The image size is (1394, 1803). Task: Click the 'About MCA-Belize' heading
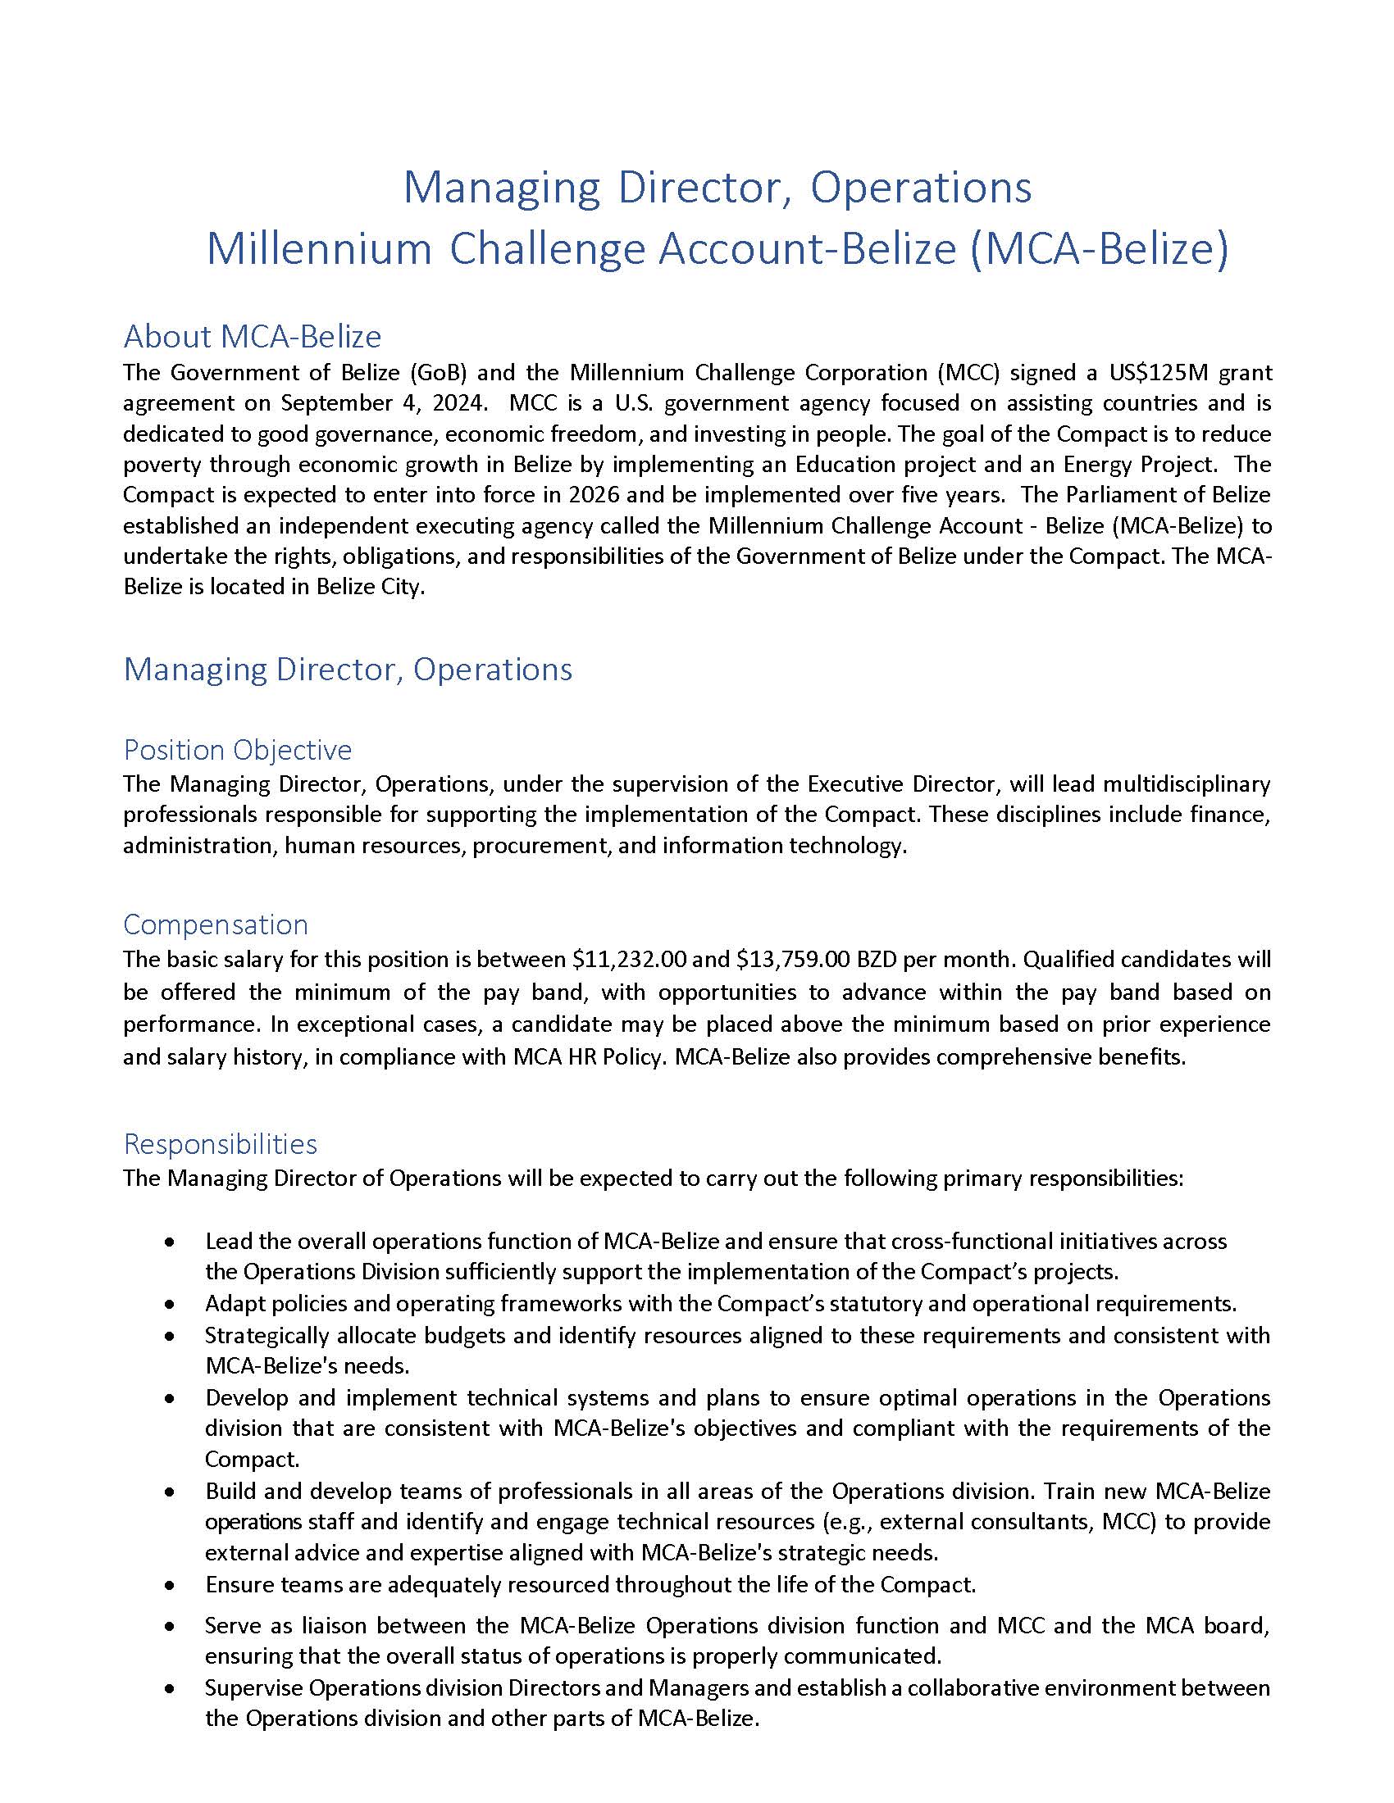pyautogui.click(x=252, y=336)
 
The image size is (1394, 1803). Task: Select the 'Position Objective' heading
pyautogui.click(x=237, y=750)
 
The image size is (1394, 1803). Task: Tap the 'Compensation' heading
pyautogui.click(x=216, y=924)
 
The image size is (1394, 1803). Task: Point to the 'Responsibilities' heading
pyautogui.click(x=220, y=1143)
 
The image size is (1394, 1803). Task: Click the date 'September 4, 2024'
pyautogui.click(x=383, y=403)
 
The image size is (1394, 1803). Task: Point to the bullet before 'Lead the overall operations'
pyautogui.click(x=169, y=1242)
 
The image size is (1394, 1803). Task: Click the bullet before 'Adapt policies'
pyautogui.click(x=169, y=1305)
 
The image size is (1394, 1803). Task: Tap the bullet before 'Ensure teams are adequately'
pyautogui.click(x=169, y=1585)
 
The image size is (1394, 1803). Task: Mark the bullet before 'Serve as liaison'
pyautogui.click(x=169, y=1626)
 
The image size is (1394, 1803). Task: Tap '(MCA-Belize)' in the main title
pyautogui.click(x=1098, y=248)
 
